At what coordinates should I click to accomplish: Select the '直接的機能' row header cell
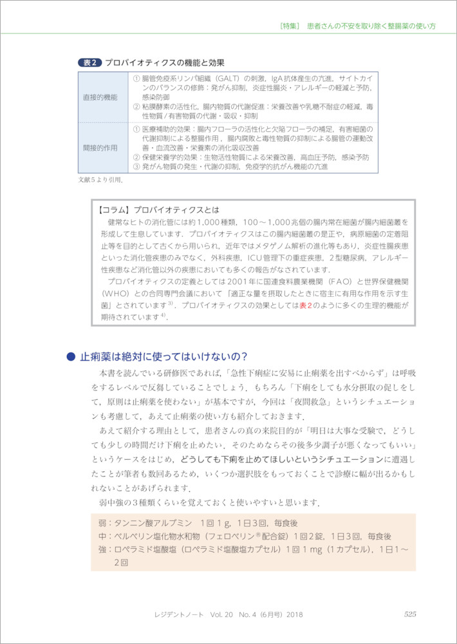coord(100,97)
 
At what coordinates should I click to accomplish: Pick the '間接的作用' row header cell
coord(100,147)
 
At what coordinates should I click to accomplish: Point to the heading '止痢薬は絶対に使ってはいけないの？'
coord(163,356)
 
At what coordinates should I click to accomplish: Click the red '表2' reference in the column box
coord(306,306)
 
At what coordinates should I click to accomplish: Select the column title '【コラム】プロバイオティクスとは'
coord(160,209)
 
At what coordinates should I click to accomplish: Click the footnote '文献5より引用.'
coord(100,180)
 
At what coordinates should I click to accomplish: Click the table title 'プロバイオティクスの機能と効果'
coord(165,62)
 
